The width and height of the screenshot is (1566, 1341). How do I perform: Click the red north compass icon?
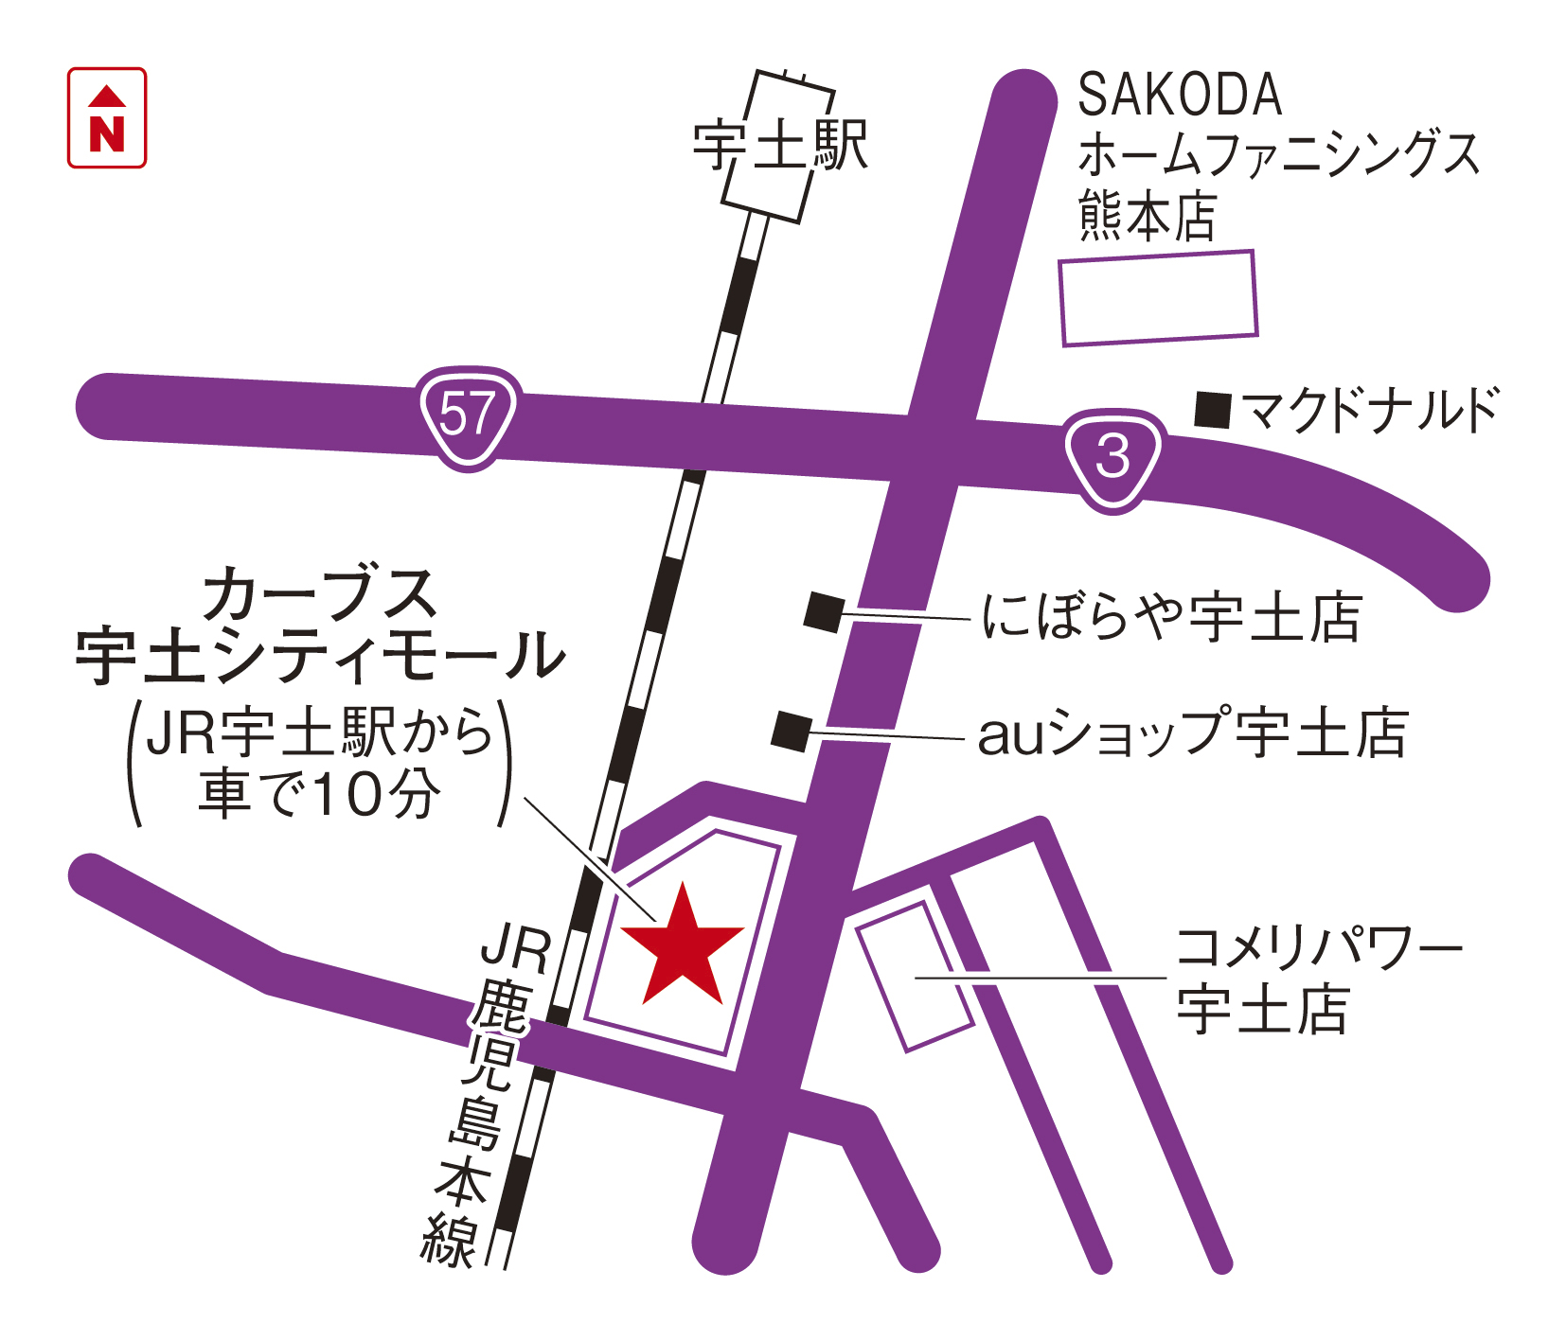click(x=107, y=118)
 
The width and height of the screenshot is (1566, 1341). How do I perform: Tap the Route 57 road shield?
click(x=469, y=416)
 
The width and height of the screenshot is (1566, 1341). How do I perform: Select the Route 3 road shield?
click(x=1113, y=458)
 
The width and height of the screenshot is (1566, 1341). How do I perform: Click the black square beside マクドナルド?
click(x=1212, y=410)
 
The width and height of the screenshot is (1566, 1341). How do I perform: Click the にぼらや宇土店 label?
click(x=1172, y=617)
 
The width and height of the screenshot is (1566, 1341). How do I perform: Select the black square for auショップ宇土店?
click(x=792, y=731)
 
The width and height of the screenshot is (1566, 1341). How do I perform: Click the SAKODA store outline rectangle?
click(x=1158, y=297)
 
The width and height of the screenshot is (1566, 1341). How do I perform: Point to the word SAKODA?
click(x=1180, y=96)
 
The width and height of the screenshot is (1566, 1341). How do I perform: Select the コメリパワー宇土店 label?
click(x=1316, y=979)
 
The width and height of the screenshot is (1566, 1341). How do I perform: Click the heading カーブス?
click(x=320, y=594)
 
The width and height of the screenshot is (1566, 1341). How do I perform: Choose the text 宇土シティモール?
click(x=320, y=656)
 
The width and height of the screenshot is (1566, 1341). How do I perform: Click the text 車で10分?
click(x=320, y=793)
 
